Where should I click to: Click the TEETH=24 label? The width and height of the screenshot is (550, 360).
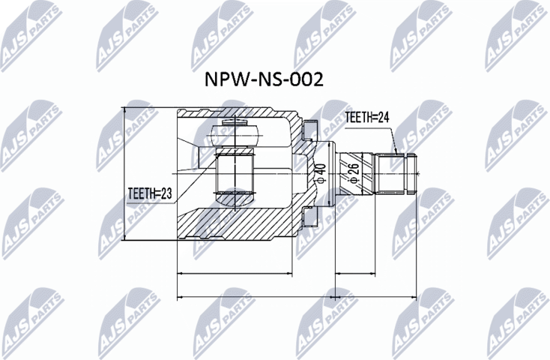click(369, 116)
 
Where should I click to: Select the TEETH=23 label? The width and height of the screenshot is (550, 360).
click(149, 193)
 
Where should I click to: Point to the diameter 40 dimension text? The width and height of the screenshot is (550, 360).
click(320, 172)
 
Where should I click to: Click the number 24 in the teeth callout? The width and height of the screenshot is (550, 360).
click(384, 116)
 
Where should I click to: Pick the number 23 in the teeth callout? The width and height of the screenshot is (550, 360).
click(166, 193)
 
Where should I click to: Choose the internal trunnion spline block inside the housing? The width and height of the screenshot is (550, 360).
click(235, 172)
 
